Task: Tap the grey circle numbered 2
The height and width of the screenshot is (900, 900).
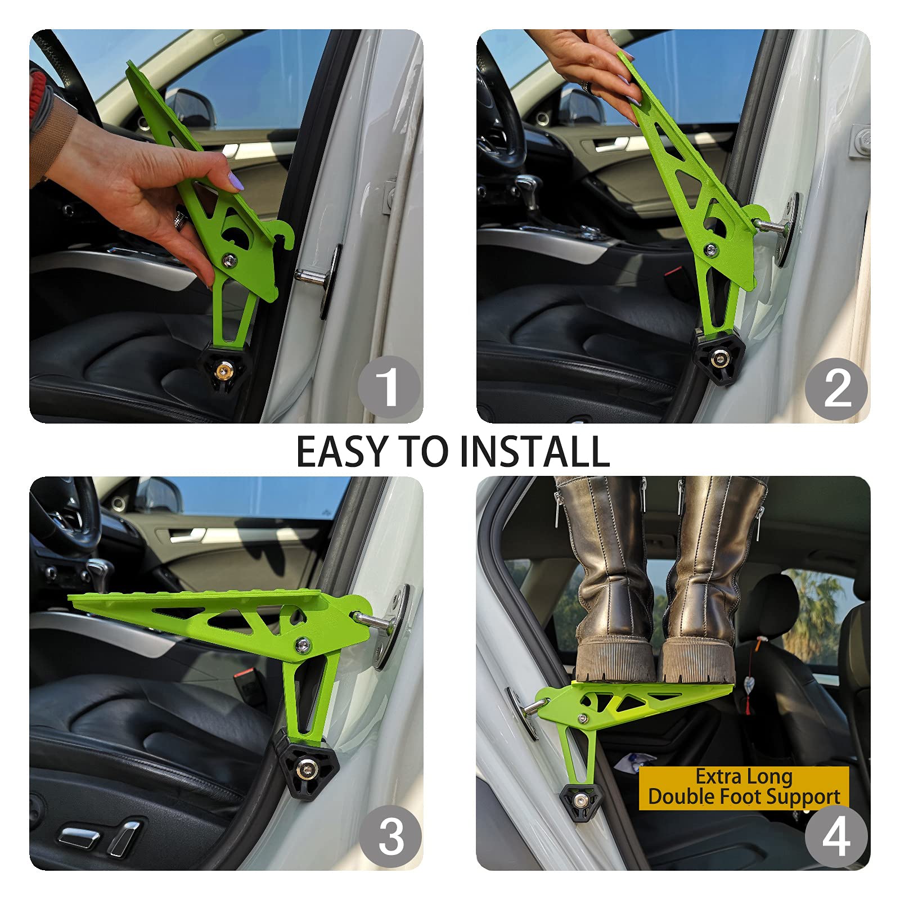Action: coord(837,389)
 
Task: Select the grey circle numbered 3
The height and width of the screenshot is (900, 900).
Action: coord(390,836)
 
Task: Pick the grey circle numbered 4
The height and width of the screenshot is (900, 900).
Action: coord(836,836)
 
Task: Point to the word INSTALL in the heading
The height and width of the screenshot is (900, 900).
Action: coord(534,452)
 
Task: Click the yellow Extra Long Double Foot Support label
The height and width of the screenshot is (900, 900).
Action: coord(744,787)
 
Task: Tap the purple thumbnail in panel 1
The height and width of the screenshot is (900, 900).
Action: coord(235,181)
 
